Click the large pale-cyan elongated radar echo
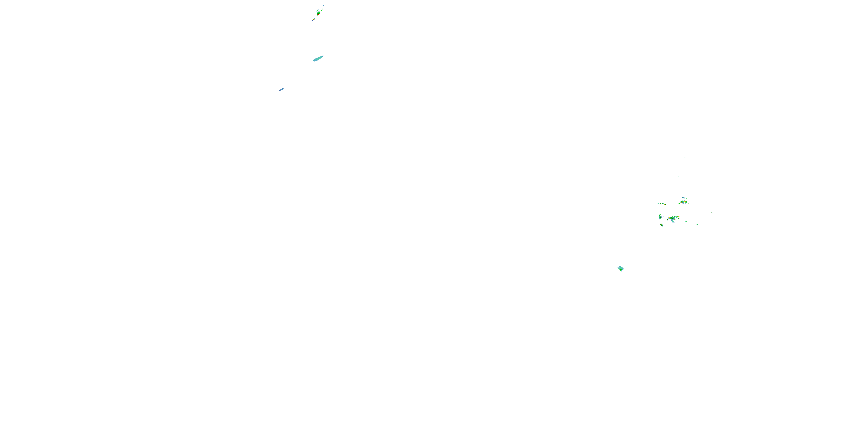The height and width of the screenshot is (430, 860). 318,58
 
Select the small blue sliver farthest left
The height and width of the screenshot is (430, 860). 282,89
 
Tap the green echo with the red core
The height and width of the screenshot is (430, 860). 318,14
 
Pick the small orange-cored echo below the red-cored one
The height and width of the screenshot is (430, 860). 314,20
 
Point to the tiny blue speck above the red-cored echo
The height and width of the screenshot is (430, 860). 324,5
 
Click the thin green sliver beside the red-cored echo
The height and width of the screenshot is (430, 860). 322,10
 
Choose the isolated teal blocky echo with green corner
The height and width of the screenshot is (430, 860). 621,268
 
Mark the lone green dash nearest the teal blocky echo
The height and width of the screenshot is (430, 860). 691,249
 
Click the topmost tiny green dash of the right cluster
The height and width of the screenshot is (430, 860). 685,157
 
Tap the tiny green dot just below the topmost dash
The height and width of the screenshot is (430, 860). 678,177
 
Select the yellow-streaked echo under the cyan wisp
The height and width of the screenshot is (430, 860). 684,202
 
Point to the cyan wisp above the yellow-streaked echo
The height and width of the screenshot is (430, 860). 684,198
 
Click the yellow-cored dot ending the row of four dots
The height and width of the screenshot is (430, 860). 665,204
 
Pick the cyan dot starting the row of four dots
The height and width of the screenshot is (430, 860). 658,203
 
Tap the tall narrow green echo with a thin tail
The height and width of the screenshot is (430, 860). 660,217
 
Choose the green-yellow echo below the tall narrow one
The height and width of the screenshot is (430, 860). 662,225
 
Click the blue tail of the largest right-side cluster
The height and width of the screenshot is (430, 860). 673,221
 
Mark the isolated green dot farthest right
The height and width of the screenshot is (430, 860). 712,213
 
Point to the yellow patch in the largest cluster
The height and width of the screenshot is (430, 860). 669,218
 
